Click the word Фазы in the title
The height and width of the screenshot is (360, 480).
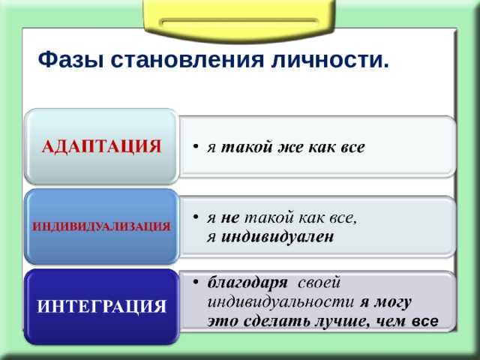pyautogui.click(x=70, y=60)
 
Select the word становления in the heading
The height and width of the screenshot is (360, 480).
pyautogui.click(x=187, y=60)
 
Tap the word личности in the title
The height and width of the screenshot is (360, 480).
pyautogui.click(x=326, y=60)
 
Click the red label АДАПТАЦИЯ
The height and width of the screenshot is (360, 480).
pyautogui.click(x=101, y=146)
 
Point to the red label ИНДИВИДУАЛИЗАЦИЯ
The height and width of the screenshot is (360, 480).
pyautogui.click(x=101, y=226)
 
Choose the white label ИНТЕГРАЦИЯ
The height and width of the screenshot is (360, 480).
pyautogui.click(x=101, y=306)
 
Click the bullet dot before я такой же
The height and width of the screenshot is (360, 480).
pyautogui.click(x=196, y=146)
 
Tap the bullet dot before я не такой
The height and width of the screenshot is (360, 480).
pyautogui.click(x=196, y=217)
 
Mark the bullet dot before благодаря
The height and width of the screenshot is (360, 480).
pyautogui.click(x=196, y=282)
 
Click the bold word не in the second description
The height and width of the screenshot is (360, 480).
pyautogui.click(x=230, y=218)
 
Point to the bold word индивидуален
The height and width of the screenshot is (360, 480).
pyautogui.click(x=277, y=237)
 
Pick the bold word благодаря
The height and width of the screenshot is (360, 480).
pyautogui.click(x=247, y=283)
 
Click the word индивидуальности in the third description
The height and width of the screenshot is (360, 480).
pyautogui.click(x=280, y=302)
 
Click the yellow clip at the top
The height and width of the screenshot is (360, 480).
pyautogui.click(x=239, y=20)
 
